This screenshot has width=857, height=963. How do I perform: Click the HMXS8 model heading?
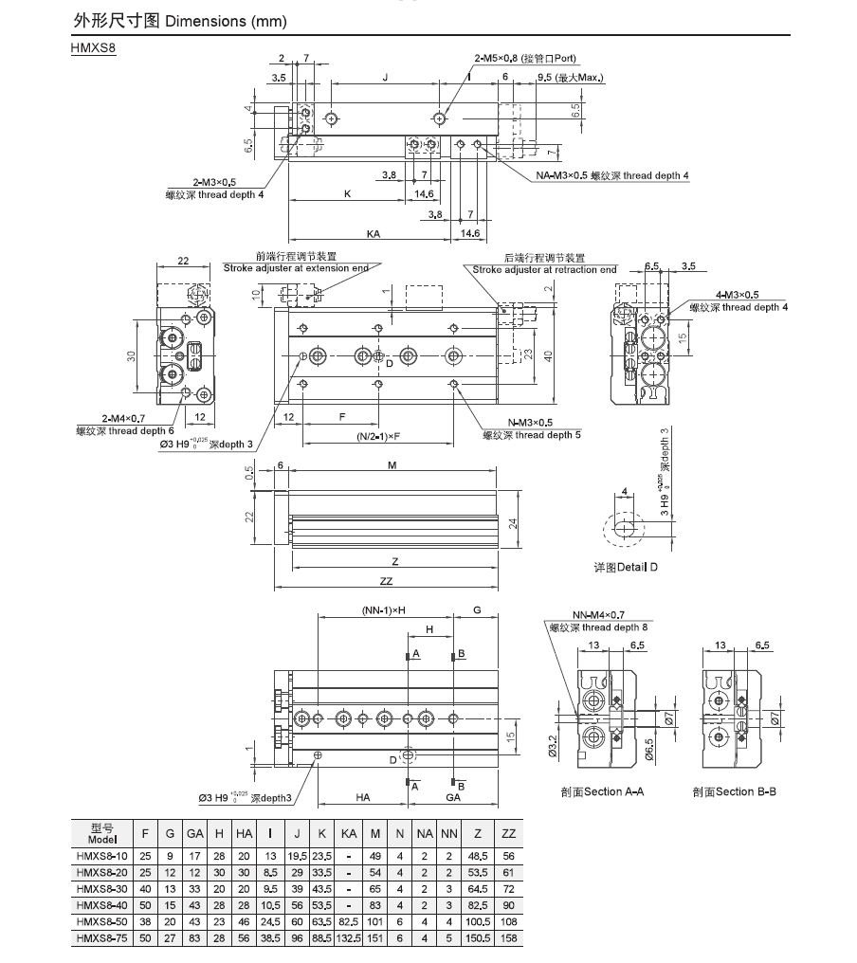point(94,48)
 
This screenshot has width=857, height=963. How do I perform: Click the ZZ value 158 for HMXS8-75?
point(509,937)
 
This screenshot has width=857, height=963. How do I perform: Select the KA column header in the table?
point(349,833)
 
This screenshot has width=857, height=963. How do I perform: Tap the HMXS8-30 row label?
point(102,889)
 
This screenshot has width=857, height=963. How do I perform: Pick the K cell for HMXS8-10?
point(322,856)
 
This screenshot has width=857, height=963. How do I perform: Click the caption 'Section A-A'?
point(602,791)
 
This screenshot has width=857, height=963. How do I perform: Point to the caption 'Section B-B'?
point(734,791)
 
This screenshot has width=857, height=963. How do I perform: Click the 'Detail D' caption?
point(626,567)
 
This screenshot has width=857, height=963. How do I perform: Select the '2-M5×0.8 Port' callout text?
point(525,59)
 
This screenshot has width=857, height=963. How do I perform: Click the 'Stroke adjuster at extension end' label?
point(296,268)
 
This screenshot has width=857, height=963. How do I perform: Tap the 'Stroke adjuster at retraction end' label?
point(544,269)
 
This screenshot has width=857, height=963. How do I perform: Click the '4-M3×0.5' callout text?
point(738,295)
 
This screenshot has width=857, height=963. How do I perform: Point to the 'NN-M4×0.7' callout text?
point(598,615)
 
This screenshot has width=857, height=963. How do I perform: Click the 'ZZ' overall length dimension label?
point(386,581)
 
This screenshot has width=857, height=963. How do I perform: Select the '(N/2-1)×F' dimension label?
point(378,437)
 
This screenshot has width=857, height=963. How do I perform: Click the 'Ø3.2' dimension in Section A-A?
point(552,746)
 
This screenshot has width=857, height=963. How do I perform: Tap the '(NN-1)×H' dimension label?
point(384,610)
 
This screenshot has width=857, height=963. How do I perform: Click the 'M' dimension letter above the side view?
point(392,465)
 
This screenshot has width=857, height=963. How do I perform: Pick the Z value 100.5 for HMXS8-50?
point(478,921)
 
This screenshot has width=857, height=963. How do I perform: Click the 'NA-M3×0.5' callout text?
point(561,175)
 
